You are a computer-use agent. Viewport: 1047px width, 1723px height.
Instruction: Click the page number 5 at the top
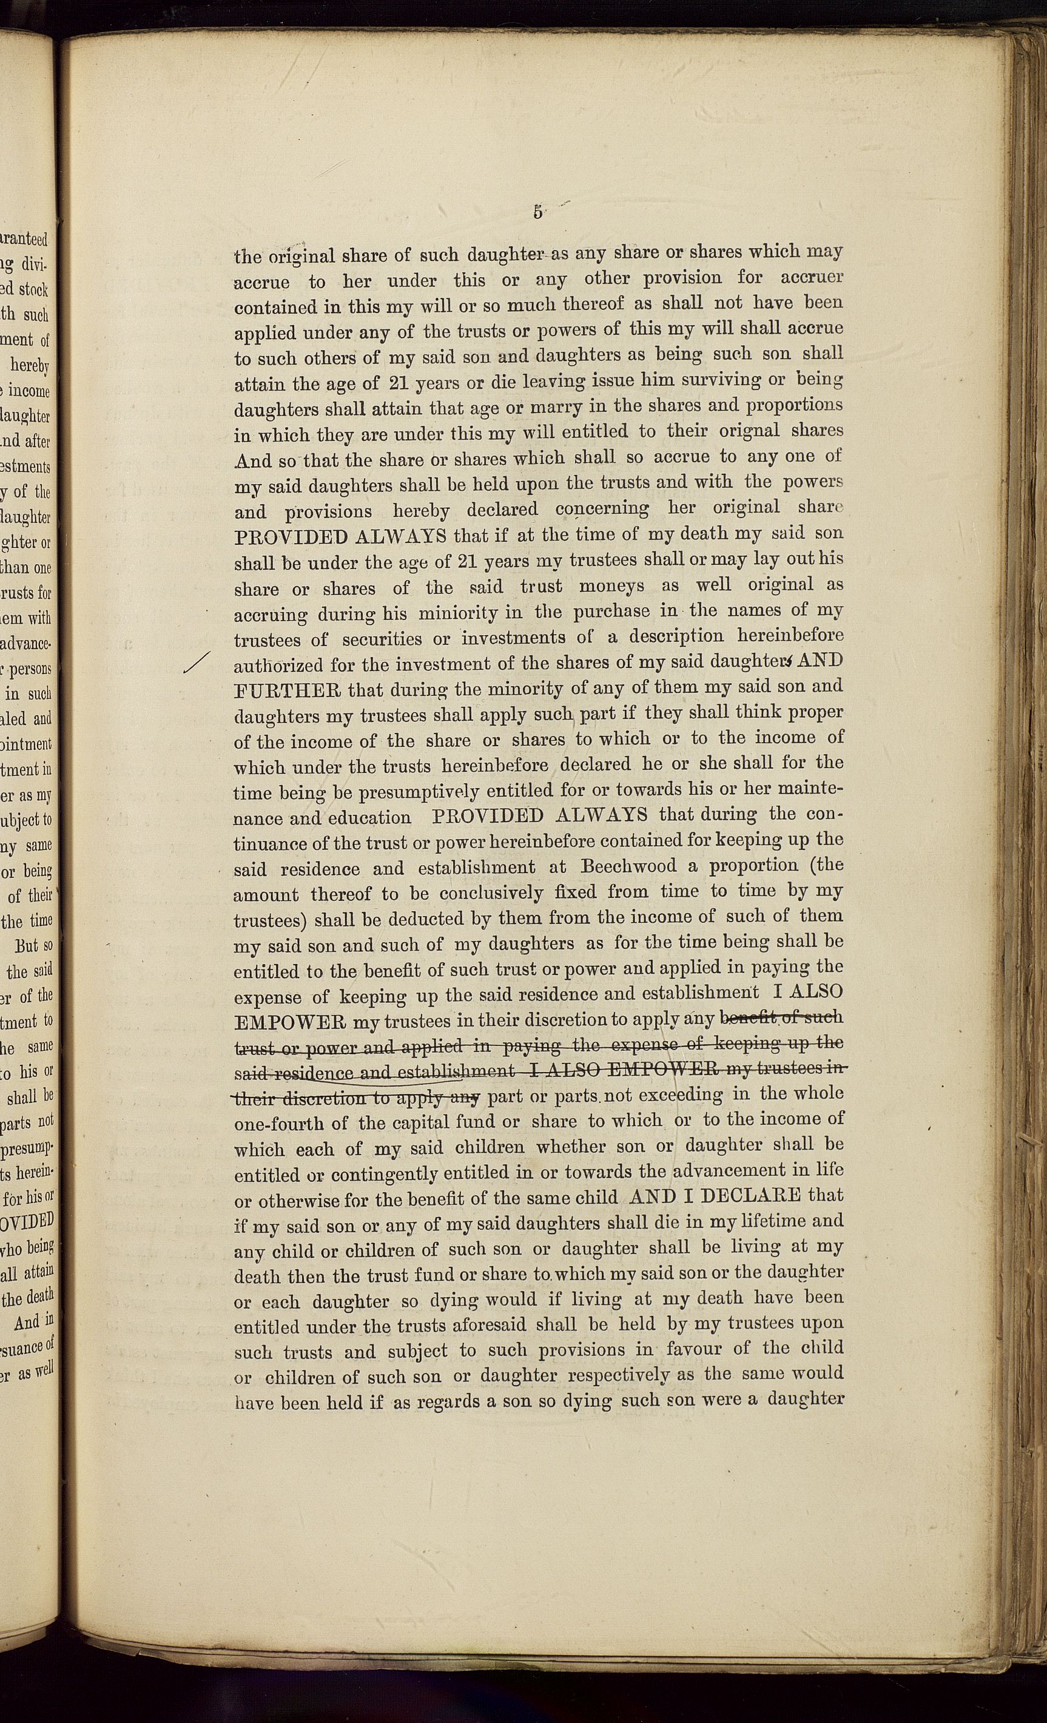click(537, 212)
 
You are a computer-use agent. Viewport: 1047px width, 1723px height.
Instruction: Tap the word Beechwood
click(629, 866)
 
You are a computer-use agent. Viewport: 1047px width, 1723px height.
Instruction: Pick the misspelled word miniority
click(458, 613)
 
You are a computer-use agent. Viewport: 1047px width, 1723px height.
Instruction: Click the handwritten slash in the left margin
click(197, 663)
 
